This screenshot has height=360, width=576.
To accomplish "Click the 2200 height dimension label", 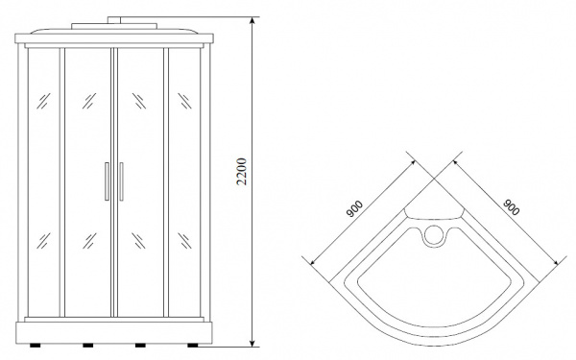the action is pyautogui.click(x=241, y=172).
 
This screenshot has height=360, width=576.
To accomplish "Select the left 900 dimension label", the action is pyautogui.click(x=354, y=208).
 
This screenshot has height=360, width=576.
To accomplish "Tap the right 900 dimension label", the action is pyautogui.click(x=511, y=207).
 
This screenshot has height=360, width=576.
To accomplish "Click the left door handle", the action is pyautogui.click(x=107, y=181).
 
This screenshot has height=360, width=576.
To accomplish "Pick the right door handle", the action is pyautogui.click(x=121, y=181).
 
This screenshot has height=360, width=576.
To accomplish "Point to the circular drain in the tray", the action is pyautogui.click(x=434, y=235).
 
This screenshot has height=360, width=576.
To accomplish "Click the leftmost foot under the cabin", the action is pyautogui.click(x=36, y=346).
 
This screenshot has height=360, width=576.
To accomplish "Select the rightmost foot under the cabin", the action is pyautogui.click(x=193, y=346).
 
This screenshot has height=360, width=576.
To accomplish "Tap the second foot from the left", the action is pyautogui.click(x=88, y=346).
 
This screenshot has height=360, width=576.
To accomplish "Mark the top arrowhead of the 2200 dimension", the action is pyautogui.click(x=252, y=20).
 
